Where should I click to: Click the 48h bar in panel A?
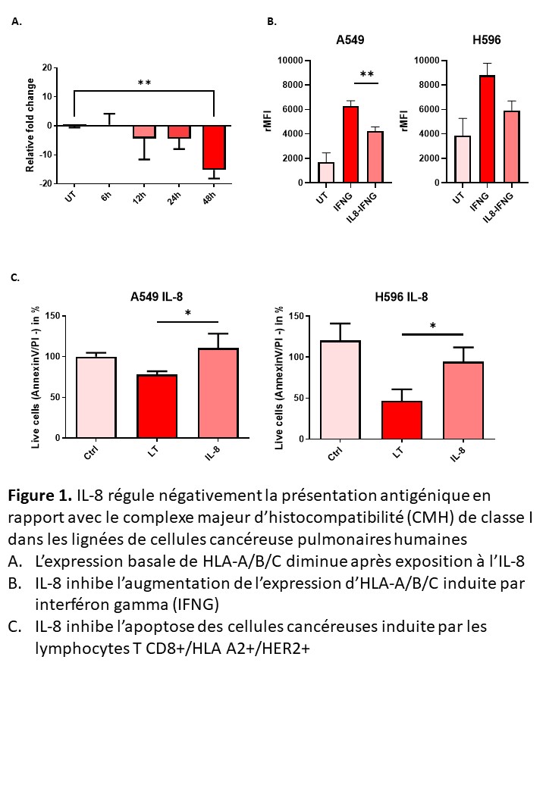(x=215, y=147)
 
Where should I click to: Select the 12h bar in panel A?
(x=144, y=131)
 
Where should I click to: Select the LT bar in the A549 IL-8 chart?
(x=157, y=406)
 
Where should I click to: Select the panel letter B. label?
(x=272, y=23)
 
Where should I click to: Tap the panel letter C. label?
(x=15, y=278)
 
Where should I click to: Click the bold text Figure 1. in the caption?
(x=39, y=497)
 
